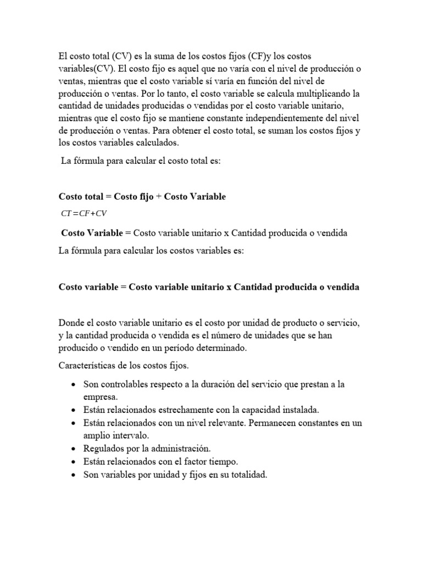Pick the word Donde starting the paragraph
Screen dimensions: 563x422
coord(71,322)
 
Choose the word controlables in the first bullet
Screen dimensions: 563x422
coord(124,384)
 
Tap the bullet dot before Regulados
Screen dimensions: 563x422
coord(73,449)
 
